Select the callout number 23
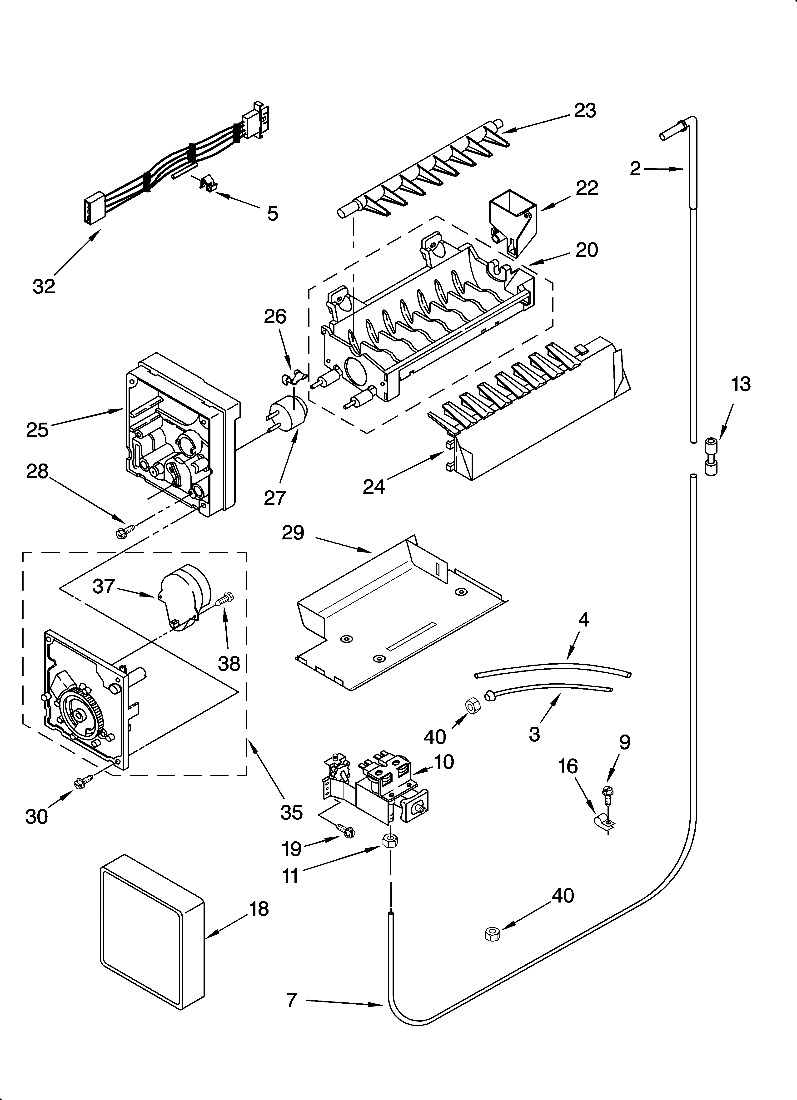(585, 111)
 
